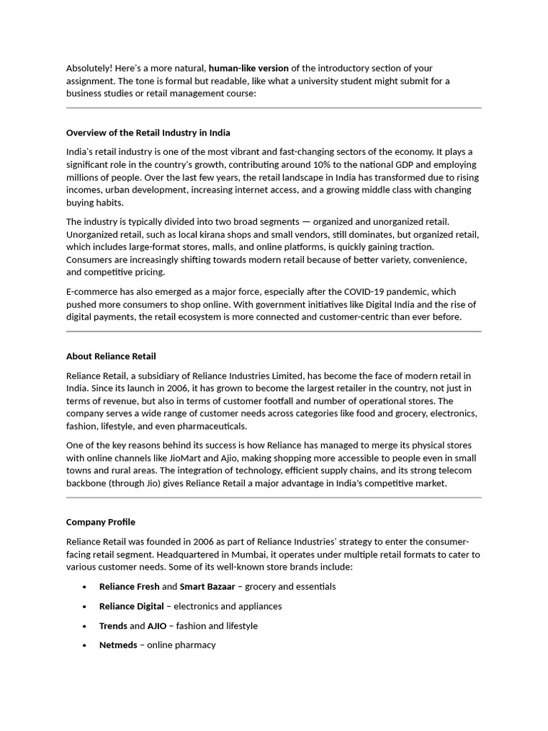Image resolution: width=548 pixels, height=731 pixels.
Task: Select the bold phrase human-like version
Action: (248, 69)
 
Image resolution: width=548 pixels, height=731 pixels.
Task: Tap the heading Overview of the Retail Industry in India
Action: (148, 133)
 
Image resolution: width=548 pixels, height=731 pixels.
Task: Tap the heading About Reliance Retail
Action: (111, 356)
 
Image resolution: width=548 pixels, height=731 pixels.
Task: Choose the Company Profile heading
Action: (101, 522)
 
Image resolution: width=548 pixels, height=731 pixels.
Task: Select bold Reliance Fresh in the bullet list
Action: (129, 587)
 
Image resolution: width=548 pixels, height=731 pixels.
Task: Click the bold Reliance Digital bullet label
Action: (131, 606)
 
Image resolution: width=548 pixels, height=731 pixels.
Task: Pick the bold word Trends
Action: (113, 626)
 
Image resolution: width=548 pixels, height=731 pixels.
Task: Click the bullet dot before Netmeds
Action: (84, 645)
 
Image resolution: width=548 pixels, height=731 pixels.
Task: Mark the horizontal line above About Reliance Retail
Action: (274, 332)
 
